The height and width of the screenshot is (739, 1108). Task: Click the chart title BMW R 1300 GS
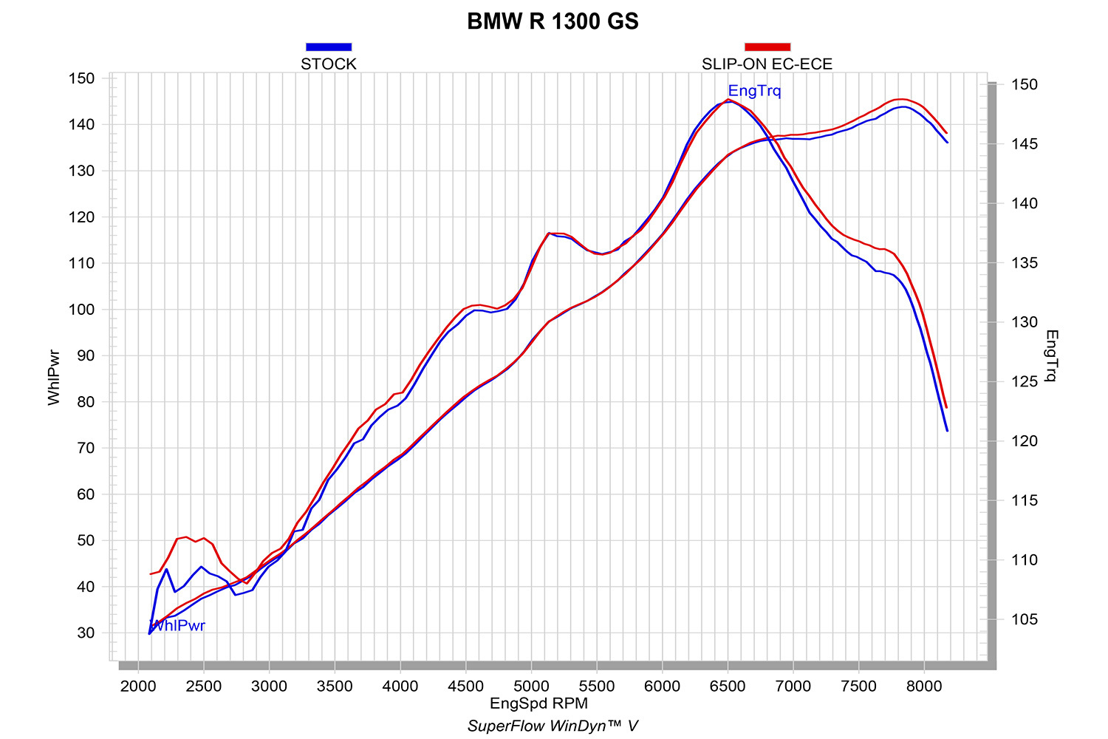(x=553, y=21)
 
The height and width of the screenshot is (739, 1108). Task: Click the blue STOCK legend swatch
(x=329, y=47)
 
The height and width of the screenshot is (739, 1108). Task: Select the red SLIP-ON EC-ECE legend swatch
(x=767, y=47)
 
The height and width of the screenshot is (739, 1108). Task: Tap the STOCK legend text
(x=329, y=64)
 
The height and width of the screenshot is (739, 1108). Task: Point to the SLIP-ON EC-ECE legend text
(x=767, y=64)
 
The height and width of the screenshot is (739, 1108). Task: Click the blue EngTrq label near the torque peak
(x=754, y=91)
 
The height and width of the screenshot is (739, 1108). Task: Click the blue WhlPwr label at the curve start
(x=178, y=626)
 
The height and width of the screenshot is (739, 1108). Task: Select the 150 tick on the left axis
(x=81, y=78)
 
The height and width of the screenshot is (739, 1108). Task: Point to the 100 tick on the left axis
(x=81, y=310)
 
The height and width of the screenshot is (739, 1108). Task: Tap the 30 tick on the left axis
(x=85, y=633)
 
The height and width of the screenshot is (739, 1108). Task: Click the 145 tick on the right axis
(x=1024, y=144)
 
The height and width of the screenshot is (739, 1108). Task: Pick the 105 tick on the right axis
(x=1024, y=619)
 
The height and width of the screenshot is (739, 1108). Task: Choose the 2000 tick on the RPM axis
(x=138, y=686)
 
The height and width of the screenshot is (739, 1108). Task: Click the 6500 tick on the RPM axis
(x=728, y=686)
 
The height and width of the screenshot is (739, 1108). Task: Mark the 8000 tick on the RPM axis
(x=924, y=686)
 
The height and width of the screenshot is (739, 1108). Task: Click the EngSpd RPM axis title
(x=538, y=703)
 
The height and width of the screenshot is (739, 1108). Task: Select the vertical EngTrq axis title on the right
(x=1052, y=356)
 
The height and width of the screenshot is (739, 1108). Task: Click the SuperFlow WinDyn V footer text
(x=553, y=726)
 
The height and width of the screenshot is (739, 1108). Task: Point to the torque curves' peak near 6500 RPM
(x=728, y=100)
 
